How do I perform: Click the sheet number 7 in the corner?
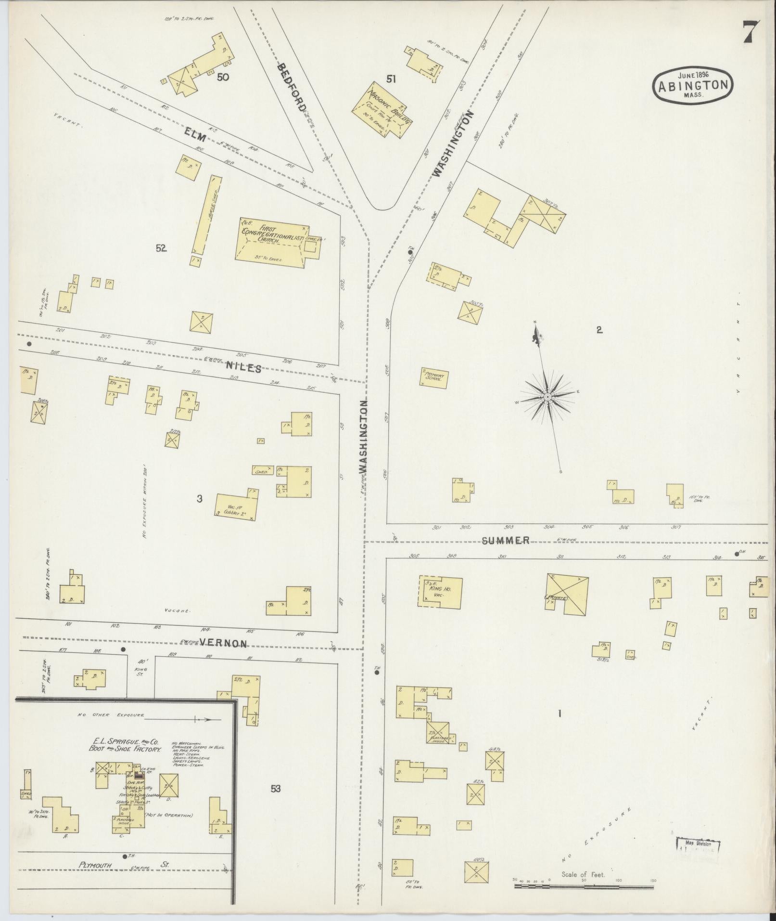click(x=751, y=33)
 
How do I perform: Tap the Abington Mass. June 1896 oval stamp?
click(x=693, y=85)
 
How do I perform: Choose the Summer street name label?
click(x=506, y=540)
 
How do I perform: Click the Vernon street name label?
click(x=223, y=643)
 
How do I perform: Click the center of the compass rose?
click(x=547, y=397)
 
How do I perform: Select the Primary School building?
click(x=435, y=377)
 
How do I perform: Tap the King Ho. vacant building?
click(x=440, y=591)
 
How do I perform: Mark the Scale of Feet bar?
click(x=584, y=885)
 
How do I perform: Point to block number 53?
click(x=275, y=789)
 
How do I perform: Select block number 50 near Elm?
click(x=222, y=77)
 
